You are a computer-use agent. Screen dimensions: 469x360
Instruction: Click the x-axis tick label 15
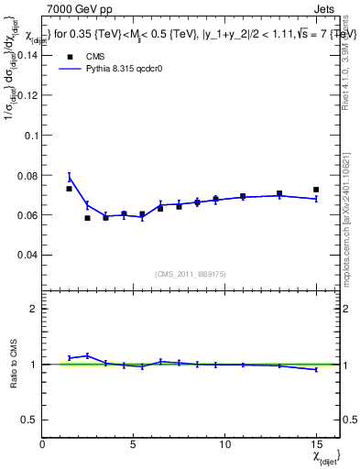tap(316, 443)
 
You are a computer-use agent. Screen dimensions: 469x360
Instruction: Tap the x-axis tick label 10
tap(225, 443)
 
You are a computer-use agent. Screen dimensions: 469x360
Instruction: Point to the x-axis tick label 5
tap(134, 443)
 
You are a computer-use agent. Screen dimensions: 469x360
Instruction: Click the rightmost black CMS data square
tap(316, 190)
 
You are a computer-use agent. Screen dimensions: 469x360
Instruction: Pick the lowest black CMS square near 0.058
tap(88, 218)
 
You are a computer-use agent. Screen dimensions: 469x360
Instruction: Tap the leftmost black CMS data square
tap(70, 189)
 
